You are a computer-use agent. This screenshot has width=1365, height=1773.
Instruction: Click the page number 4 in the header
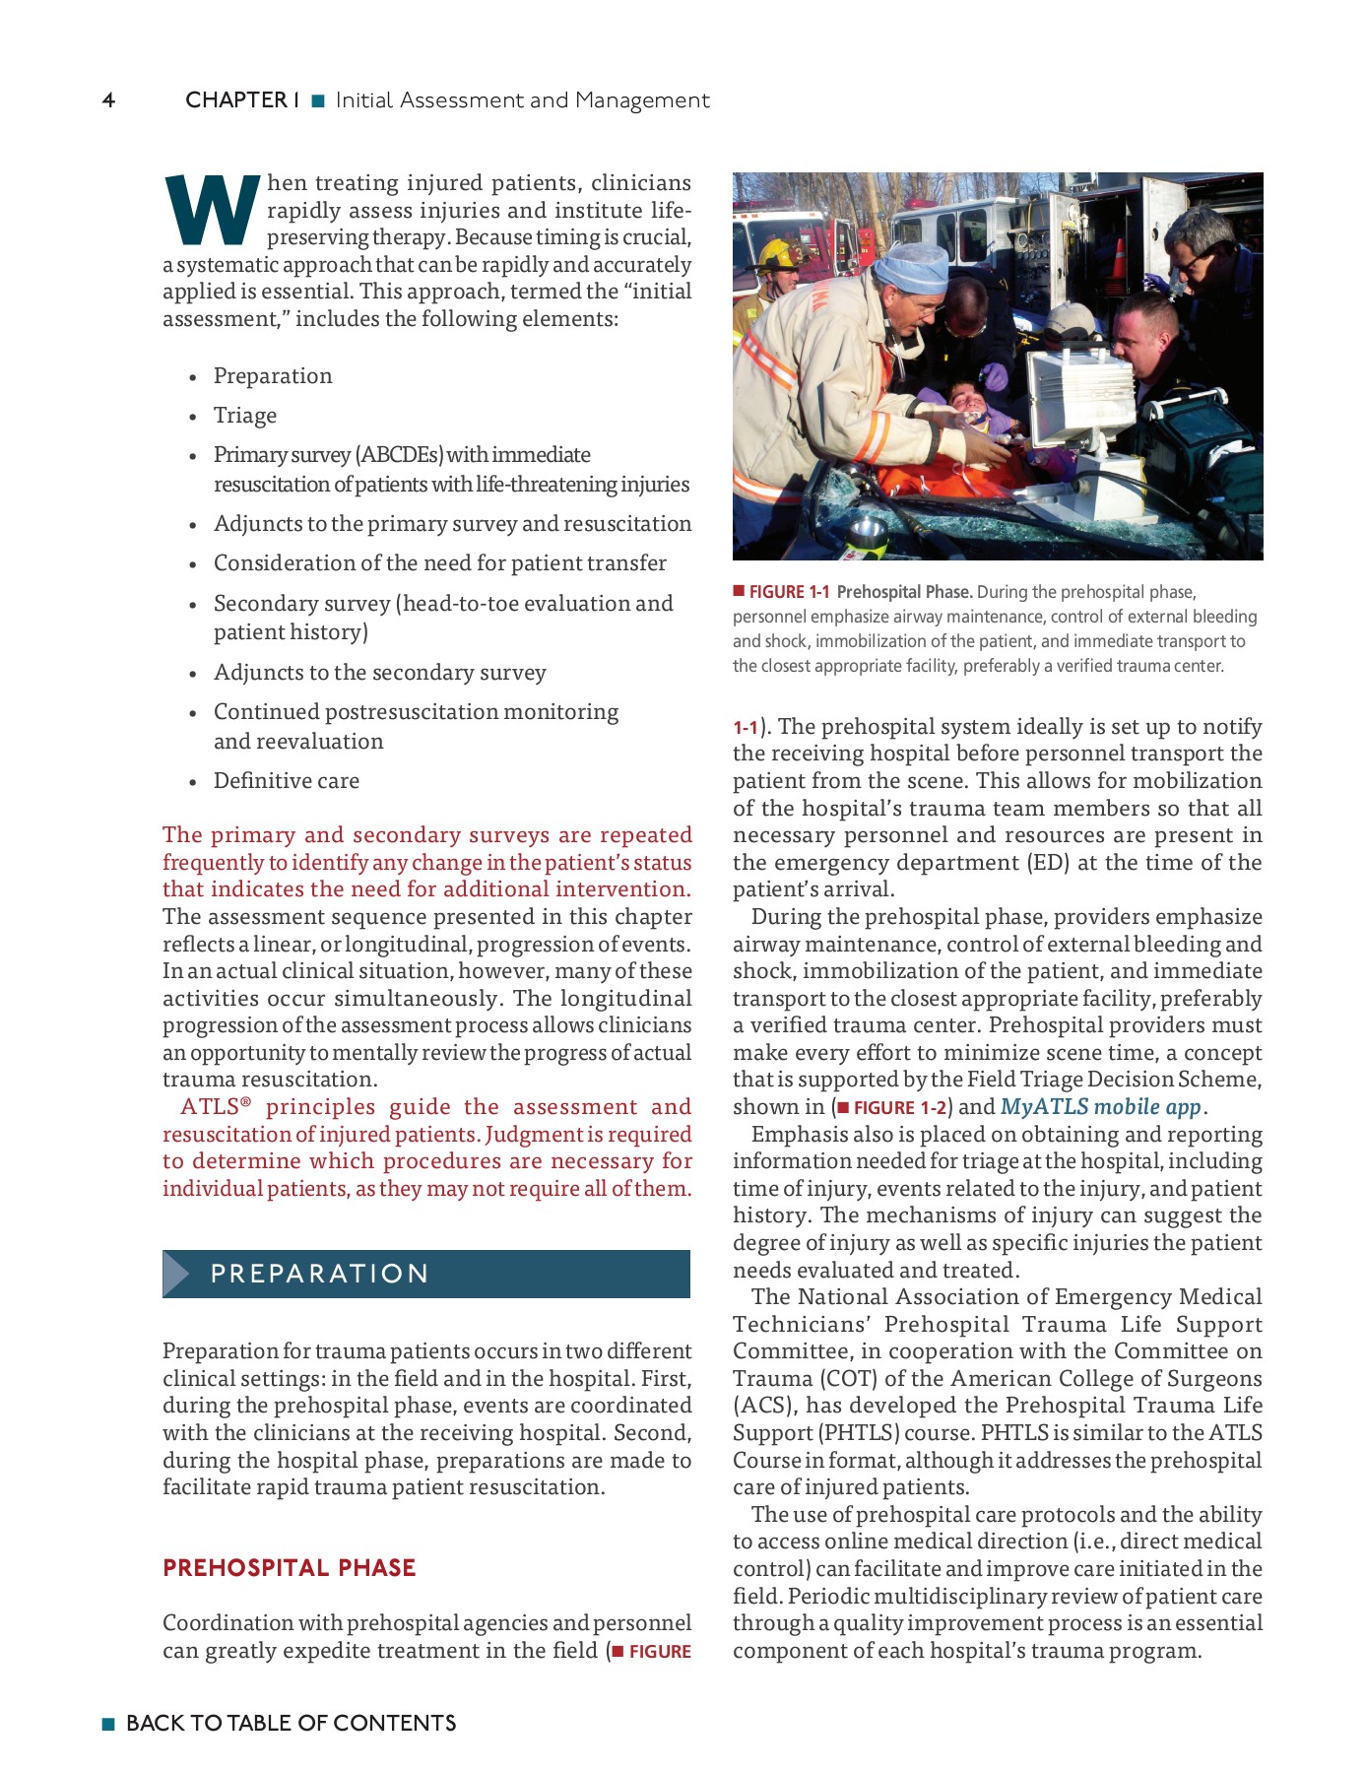pyautogui.click(x=108, y=100)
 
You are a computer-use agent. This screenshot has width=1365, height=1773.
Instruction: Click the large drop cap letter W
pyautogui.click(x=211, y=210)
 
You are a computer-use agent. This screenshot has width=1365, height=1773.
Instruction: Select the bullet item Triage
pyautogui.click(x=244, y=416)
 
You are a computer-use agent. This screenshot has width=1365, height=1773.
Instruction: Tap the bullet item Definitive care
pyautogui.click(x=286, y=781)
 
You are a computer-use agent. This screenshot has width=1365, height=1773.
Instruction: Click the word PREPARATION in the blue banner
pyautogui.click(x=319, y=1274)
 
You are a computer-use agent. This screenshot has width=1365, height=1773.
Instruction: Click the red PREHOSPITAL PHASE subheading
pyautogui.click(x=289, y=1568)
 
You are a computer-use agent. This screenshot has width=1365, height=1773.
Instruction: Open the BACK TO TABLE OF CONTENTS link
pyautogui.click(x=291, y=1723)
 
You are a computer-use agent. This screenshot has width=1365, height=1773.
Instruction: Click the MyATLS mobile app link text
pyautogui.click(x=1100, y=1107)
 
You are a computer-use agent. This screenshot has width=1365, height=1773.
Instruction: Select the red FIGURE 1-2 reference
pyautogui.click(x=898, y=1108)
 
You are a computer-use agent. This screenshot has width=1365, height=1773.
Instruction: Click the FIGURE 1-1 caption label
pyautogui.click(x=788, y=592)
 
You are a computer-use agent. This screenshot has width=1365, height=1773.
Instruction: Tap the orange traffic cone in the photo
pyautogui.click(x=1118, y=260)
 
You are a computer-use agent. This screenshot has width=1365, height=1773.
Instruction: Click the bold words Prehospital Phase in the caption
pyautogui.click(x=903, y=592)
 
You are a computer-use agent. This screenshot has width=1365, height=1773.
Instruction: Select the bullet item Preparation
pyautogui.click(x=273, y=376)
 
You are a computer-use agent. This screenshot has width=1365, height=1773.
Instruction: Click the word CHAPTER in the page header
pyautogui.click(x=235, y=100)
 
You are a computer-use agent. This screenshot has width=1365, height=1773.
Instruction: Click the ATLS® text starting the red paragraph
pyautogui.click(x=216, y=1107)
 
